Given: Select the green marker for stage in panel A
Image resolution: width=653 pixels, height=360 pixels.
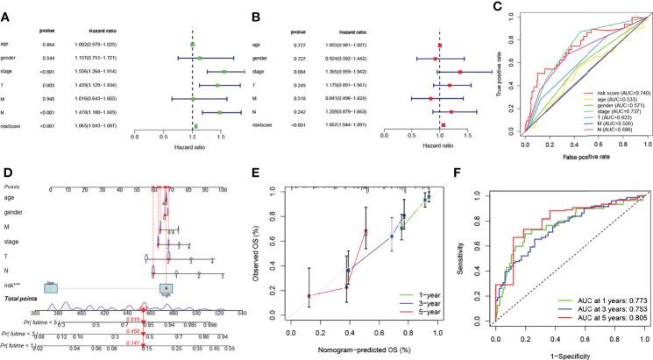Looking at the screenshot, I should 224,72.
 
